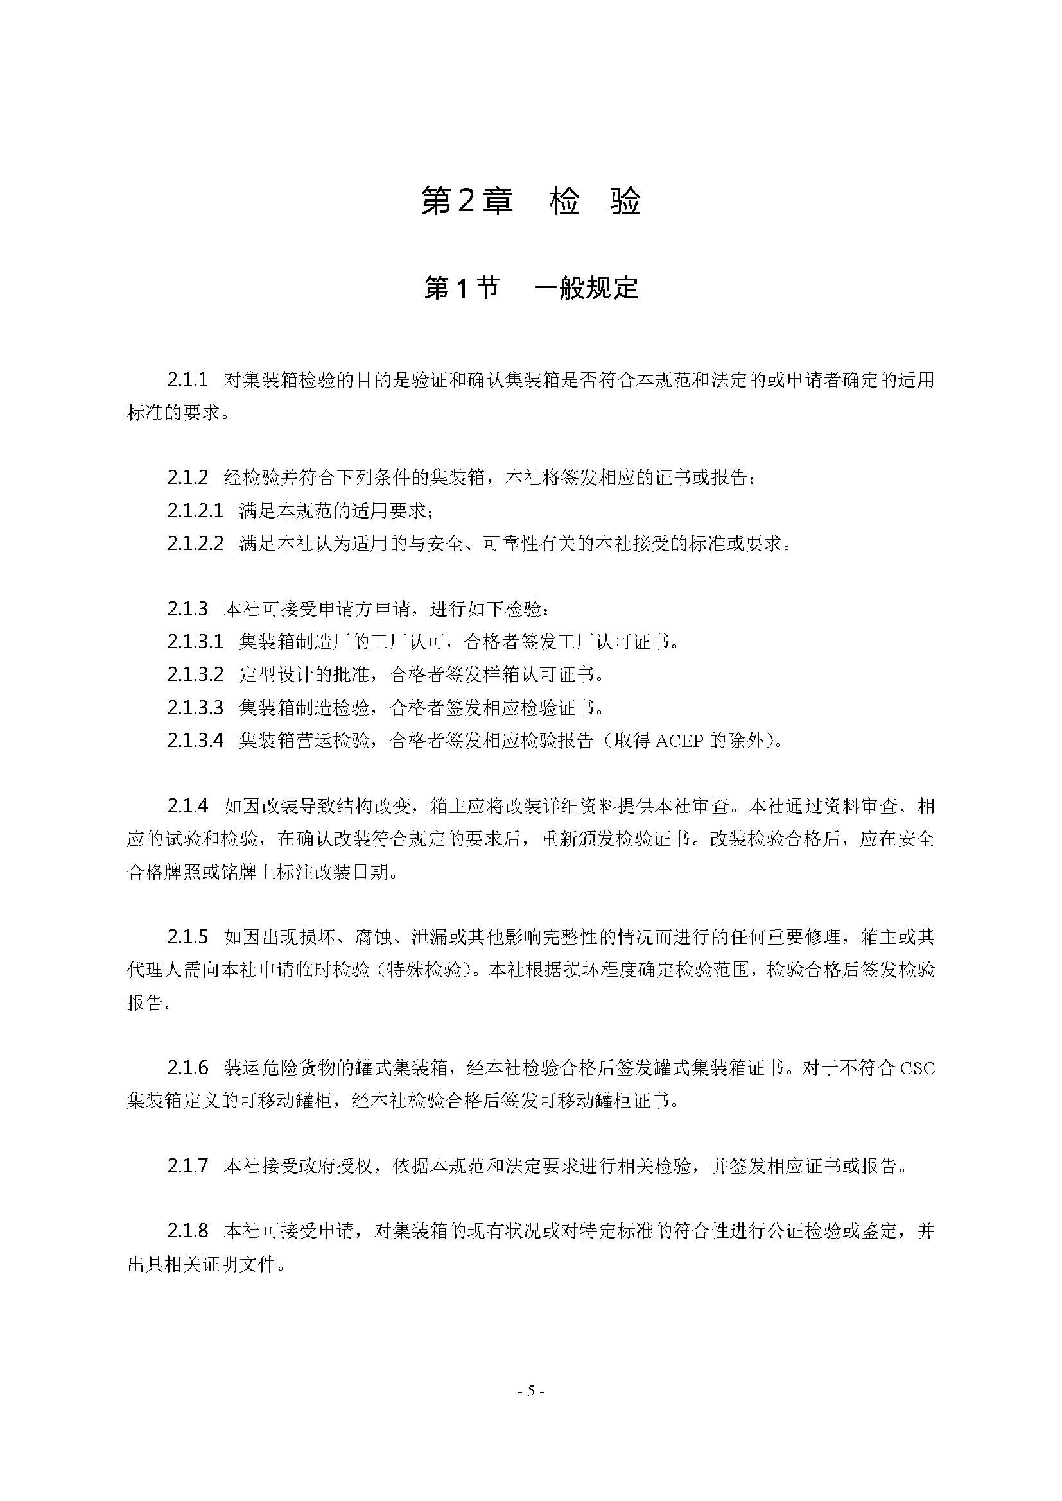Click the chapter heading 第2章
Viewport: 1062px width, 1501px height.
[x=466, y=201]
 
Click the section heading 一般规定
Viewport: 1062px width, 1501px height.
[x=587, y=287]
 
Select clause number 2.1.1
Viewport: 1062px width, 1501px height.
[x=187, y=380]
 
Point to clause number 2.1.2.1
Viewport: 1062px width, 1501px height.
[x=195, y=511]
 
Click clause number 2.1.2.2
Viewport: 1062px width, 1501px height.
[x=195, y=544]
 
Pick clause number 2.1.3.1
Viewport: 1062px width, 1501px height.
[x=195, y=642]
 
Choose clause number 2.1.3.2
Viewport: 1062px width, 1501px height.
[x=195, y=674]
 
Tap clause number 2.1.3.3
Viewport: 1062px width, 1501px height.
[x=195, y=707]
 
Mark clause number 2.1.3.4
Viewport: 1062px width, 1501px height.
[x=195, y=741]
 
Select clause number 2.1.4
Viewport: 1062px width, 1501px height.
[x=187, y=806]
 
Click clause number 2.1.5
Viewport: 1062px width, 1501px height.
[x=187, y=938]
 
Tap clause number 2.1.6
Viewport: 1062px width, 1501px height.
[x=187, y=1068]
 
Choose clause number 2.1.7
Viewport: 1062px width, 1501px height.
[x=187, y=1166]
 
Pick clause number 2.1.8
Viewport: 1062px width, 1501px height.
[x=187, y=1231]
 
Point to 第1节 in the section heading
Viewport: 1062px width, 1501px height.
[x=462, y=287]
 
